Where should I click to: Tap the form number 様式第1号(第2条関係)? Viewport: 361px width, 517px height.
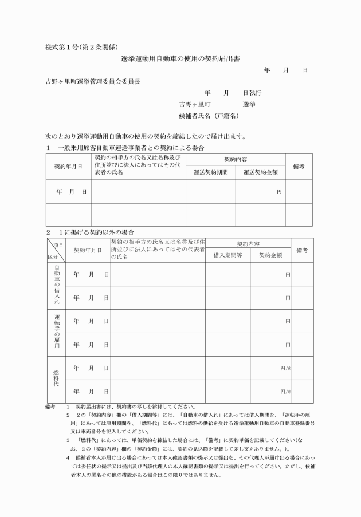81,46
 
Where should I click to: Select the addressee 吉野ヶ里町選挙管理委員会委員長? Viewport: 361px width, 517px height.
93,81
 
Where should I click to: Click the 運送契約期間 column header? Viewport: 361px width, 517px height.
210,171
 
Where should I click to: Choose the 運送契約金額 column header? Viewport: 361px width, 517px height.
260,171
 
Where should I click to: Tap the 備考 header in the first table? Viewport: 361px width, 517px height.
299,166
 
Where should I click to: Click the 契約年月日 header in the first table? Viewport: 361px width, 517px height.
68,167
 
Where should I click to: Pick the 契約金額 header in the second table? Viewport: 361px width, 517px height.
270,255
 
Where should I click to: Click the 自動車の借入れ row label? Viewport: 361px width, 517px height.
56,286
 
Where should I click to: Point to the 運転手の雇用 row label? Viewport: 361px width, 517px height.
56,333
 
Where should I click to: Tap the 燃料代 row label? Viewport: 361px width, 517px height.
56,380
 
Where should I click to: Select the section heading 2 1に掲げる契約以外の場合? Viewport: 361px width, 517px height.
90,232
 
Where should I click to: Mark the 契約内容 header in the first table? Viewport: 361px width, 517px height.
235,160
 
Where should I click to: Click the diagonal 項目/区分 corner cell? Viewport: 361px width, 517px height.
56,250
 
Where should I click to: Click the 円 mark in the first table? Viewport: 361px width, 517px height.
279,191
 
